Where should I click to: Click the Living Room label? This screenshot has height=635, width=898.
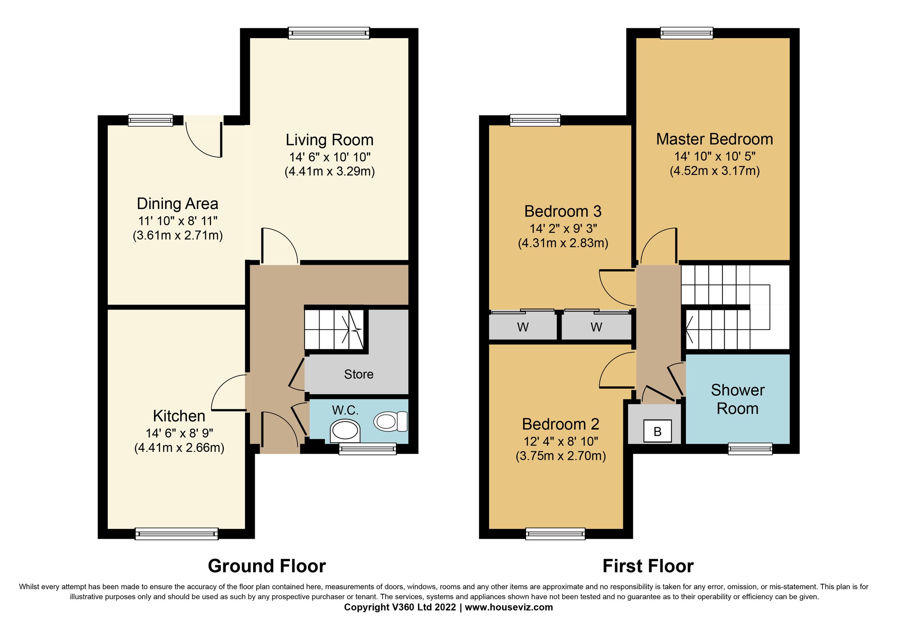click(329, 140)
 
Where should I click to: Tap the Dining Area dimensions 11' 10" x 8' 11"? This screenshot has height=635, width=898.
click(178, 221)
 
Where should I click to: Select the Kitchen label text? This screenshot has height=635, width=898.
click(179, 416)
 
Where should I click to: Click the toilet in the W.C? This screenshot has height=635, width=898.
click(391, 422)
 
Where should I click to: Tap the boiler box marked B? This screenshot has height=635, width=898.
click(657, 432)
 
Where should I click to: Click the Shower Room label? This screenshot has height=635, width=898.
click(737, 399)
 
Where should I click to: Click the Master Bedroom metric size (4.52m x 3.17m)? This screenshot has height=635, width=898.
click(715, 171)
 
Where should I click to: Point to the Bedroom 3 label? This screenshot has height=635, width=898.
click(563, 212)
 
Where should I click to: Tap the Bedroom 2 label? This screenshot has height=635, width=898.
click(561, 424)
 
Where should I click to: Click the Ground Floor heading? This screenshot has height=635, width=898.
click(267, 566)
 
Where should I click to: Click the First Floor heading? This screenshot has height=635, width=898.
click(648, 566)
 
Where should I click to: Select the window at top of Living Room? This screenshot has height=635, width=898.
click(329, 33)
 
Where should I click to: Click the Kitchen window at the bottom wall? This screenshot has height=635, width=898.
click(176, 534)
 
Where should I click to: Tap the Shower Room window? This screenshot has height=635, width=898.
click(750, 449)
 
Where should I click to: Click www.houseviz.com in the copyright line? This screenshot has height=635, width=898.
click(509, 607)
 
